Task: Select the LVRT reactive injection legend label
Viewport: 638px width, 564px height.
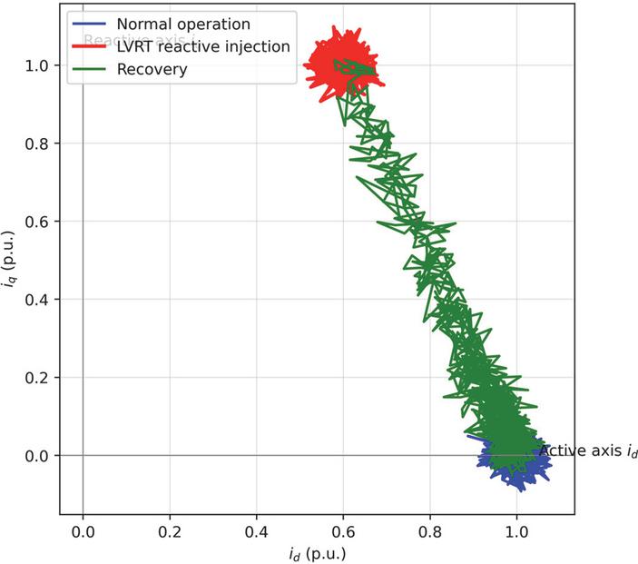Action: click(203, 46)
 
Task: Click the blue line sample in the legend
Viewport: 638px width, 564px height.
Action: click(89, 24)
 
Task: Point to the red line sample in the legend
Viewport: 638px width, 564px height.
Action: click(89, 46)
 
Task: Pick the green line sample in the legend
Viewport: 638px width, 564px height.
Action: click(89, 69)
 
